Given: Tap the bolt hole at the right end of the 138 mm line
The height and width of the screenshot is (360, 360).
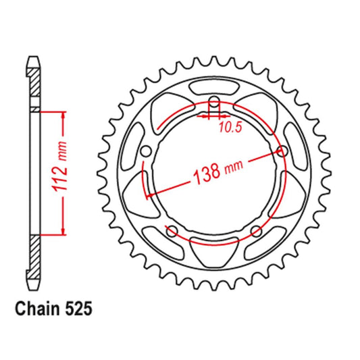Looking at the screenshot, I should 282,151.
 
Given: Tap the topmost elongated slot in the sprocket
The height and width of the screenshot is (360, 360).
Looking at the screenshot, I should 214,86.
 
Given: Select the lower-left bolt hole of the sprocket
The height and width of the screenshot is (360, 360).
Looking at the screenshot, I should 172,231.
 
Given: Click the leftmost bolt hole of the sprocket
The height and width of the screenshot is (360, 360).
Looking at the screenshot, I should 146,151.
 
